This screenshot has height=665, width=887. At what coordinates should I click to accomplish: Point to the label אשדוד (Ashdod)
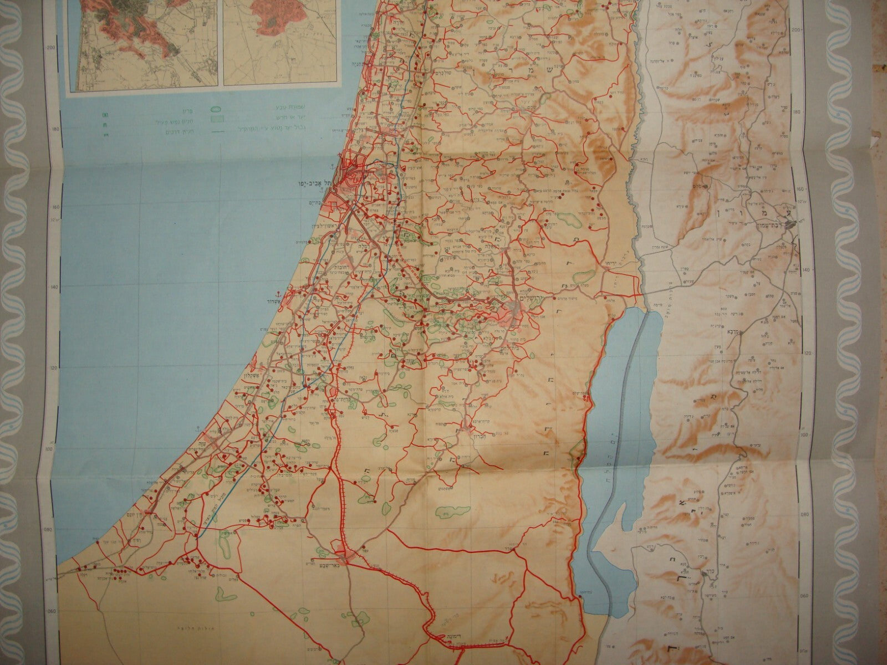click(x=283, y=301)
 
